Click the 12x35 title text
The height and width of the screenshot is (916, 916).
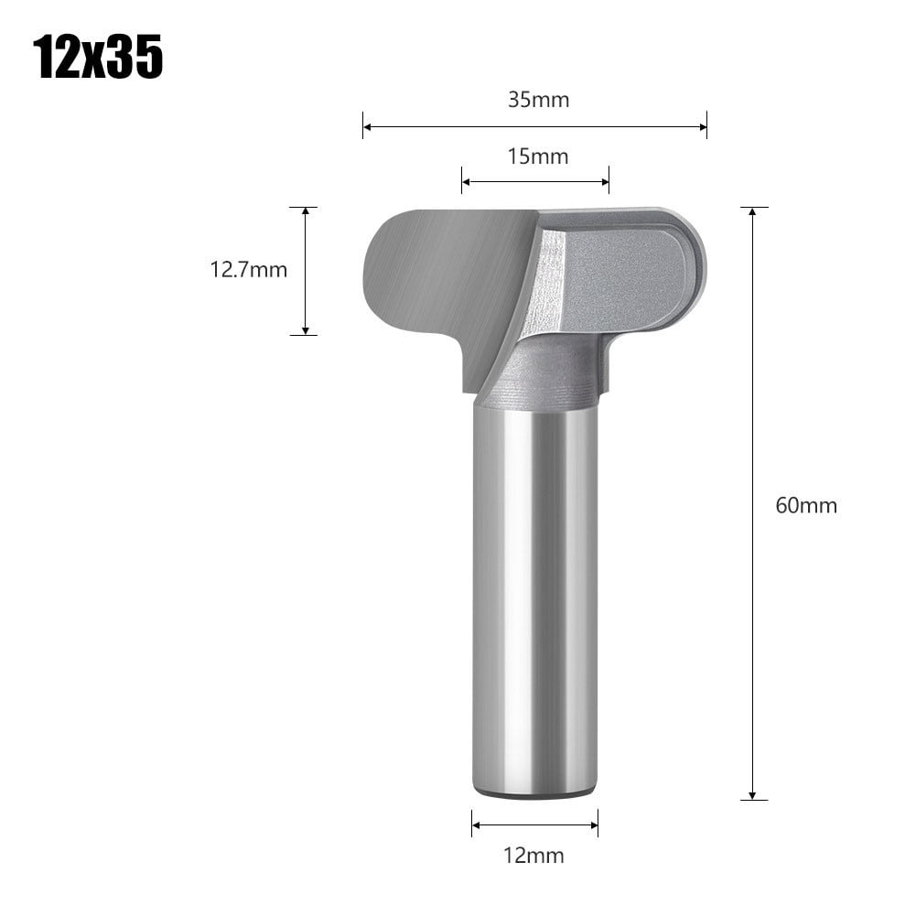[x=98, y=59]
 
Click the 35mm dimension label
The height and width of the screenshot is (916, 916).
[x=539, y=100]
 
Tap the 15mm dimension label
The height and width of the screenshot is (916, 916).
[x=538, y=156]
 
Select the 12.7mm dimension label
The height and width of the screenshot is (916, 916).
[x=249, y=270]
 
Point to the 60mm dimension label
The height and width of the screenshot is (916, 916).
[x=806, y=505]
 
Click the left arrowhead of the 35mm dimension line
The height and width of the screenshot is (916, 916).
[x=367, y=126]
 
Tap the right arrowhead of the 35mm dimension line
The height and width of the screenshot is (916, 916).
[x=703, y=126]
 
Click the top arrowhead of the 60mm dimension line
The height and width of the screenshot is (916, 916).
[x=752, y=211]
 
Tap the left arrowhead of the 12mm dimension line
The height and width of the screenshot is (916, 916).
[x=476, y=823]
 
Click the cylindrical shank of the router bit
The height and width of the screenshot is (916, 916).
[x=535, y=595]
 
